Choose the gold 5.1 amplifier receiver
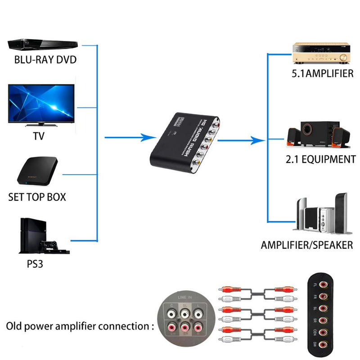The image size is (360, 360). pos(322,53)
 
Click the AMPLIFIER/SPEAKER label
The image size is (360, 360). pos(307,245)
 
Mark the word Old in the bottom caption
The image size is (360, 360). pos(16,326)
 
